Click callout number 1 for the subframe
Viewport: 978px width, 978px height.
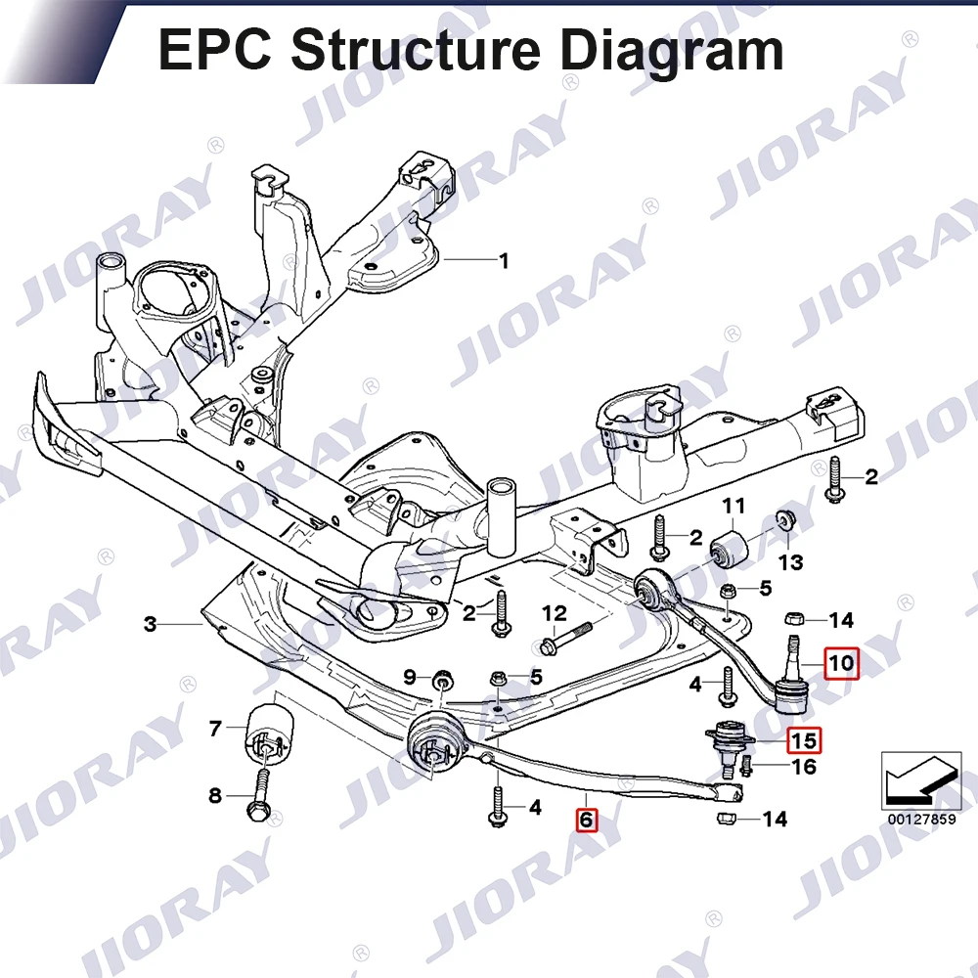coord(505,261)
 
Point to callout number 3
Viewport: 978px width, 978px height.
coord(150,623)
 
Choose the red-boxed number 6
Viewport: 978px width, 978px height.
coord(585,820)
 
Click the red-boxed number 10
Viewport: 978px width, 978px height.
coord(842,664)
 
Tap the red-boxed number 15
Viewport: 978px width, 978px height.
coord(803,740)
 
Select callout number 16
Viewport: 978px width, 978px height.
coord(803,767)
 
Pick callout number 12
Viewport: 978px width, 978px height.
coord(555,613)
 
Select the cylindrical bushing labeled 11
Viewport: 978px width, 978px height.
coord(733,551)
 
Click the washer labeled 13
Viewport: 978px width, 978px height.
coord(784,518)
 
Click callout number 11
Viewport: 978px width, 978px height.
coord(733,506)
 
